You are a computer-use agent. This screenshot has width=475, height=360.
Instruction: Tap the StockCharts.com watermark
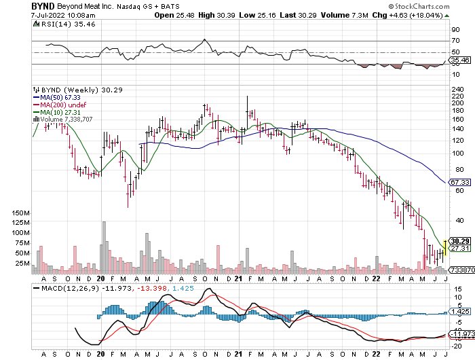click(419, 6)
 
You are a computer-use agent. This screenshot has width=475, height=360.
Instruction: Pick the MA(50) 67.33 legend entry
click(56, 97)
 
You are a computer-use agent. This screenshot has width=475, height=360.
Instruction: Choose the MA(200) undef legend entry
click(60, 105)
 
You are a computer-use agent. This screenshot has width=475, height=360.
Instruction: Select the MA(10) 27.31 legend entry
click(56, 112)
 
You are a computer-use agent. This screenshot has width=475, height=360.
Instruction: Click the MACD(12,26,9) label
click(66, 289)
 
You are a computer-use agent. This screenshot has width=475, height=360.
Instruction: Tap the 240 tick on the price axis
click(457, 90)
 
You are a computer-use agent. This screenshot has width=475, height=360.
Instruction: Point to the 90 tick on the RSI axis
click(455, 30)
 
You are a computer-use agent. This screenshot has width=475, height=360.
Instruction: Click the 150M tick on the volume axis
click(21, 213)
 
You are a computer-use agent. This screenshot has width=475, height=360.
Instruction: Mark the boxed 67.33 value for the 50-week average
click(460, 182)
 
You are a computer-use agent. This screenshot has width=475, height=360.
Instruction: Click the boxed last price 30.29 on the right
click(460, 241)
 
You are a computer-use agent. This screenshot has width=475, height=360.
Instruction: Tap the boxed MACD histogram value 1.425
click(460, 312)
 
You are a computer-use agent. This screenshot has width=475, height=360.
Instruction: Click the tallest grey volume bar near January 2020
click(104, 247)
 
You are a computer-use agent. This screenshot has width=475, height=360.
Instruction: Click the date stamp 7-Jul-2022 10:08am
click(63, 15)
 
